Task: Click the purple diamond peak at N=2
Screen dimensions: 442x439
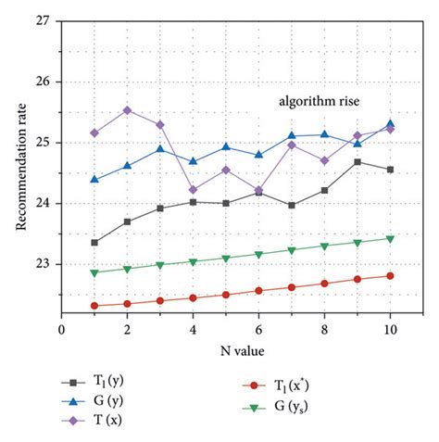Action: click(x=127, y=110)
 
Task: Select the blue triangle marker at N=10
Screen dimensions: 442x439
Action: click(x=390, y=123)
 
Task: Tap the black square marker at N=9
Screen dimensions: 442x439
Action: click(x=357, y=162)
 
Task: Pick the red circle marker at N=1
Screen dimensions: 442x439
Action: click(x=94, y=305)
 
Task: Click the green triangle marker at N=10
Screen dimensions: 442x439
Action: click(x=390, y=238)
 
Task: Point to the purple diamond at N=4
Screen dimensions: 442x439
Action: click(x=193, y=189)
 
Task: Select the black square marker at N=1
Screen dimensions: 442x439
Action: click(x=94, y=242)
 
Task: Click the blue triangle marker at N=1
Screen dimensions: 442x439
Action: click(x=94, y=179)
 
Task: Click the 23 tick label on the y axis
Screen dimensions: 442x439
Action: click(x=43, y=264)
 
